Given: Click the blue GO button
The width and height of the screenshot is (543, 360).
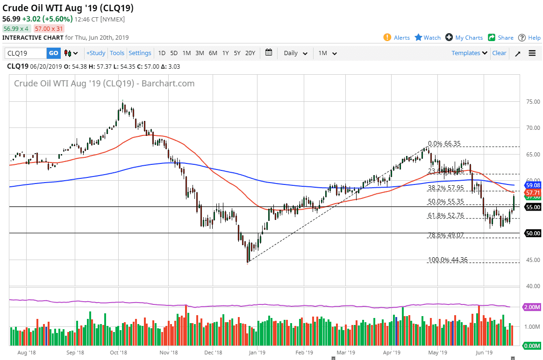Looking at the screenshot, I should click(54, 53).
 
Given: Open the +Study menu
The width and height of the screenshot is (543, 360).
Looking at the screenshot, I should click(96, 53).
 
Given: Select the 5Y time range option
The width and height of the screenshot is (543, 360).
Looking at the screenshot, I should click(237, 53).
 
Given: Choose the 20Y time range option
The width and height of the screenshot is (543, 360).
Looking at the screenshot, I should click(250, 53).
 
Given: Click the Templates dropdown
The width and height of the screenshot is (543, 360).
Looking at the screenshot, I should click(469, 53).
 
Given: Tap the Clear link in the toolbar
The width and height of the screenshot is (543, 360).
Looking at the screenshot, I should click(499, 53).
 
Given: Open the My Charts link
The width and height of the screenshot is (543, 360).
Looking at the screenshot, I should click(469, 38).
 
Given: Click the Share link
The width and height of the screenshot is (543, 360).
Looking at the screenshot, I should click(505, 38).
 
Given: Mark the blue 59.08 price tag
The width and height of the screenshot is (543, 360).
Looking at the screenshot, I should click(533, 185).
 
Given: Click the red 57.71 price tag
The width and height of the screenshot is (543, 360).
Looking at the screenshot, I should click(533, 192).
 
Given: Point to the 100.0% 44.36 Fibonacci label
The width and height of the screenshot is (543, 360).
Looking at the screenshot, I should click(448, 260).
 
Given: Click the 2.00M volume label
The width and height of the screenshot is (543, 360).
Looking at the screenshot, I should click(533, 307).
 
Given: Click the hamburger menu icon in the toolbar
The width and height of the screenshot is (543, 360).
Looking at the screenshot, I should click(532, 53).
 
